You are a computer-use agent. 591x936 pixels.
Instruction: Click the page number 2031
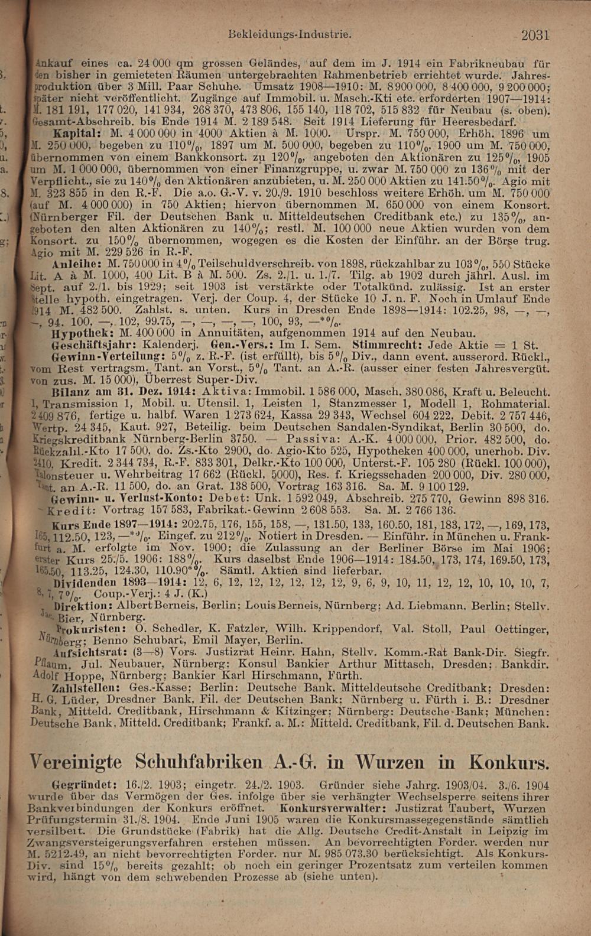535,35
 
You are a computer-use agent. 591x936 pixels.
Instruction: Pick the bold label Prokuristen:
87,629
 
